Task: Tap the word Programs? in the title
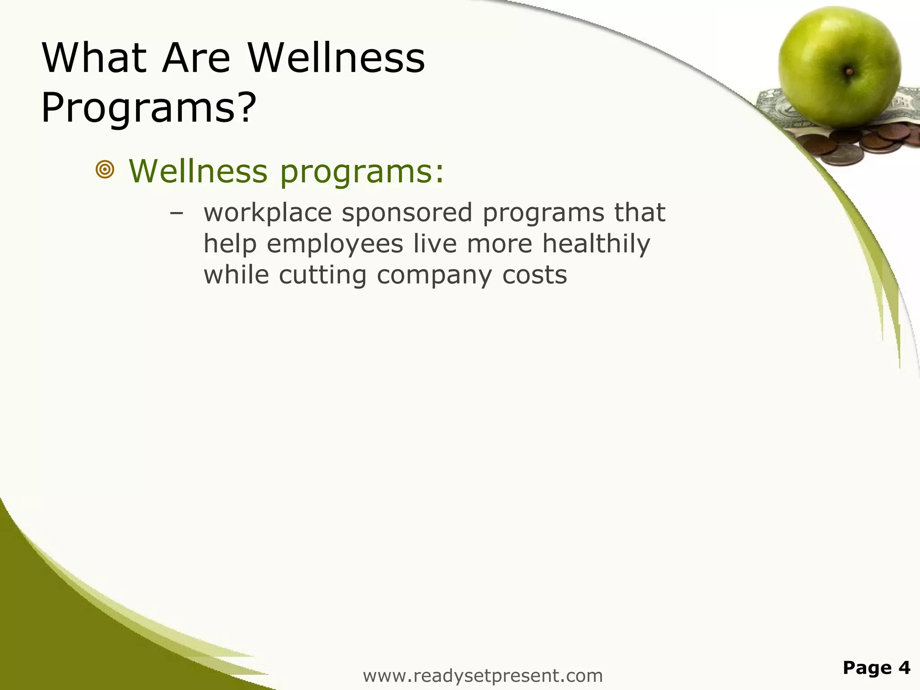[149, 108]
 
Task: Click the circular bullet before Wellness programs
[105, 170]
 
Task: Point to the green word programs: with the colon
[362, 172]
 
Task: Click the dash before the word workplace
[177, 213]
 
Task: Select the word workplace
[268, 213]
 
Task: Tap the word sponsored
[407, 213]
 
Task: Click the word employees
[335, 244]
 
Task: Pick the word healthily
[596, 244]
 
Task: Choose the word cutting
[323, 275]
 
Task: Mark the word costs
[535, 275]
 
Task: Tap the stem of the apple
[849, 71]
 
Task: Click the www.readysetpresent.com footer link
[482, 676]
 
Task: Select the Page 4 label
[876, 668]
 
